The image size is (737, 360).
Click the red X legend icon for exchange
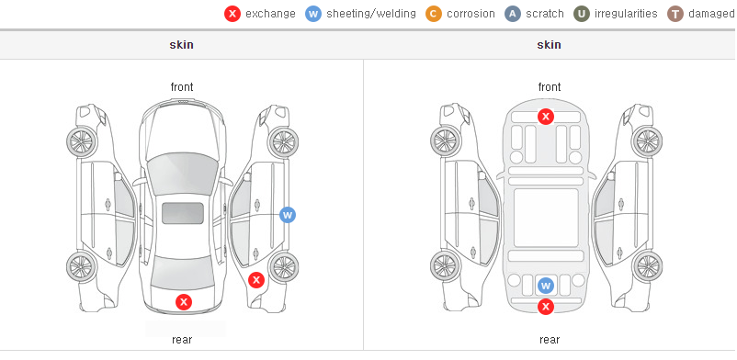tap(232, 14)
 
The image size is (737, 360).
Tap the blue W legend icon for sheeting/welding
tap(313, 14)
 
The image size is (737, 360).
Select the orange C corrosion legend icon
tap(434, 14)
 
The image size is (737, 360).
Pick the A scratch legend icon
tap(513, 14)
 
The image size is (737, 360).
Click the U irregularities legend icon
tap(582, 14)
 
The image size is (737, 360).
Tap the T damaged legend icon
tap(675, 14)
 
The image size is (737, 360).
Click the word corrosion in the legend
tap(471, 14)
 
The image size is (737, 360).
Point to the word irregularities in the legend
tap(626, 14)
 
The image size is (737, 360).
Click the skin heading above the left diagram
tap(181, 45)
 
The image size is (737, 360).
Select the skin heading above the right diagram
tap(549, 45)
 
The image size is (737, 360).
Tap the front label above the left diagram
tap(182, 87)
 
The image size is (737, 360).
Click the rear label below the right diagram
tap(550, 340)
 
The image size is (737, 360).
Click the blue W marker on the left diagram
tap(288, 215)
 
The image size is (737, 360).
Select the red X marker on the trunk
tap(184, 302)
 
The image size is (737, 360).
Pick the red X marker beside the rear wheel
tap(256, 281)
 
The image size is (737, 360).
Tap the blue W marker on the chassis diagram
tap(545, 285)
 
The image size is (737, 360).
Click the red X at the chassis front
tap(545, 116)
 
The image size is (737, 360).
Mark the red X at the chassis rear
tap(545, 307)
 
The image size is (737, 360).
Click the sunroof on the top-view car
tap(183, 213)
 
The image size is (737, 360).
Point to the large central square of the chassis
tap(546, 218)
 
